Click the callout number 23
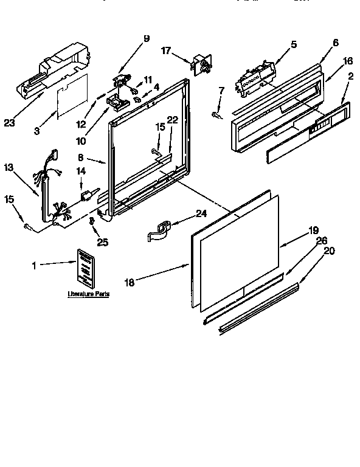click(x=9, y=122)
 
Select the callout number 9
click(x=147, y=39)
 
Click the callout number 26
click(x=322, y=240)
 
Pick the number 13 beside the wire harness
click(x=8, y=167)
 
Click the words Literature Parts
click(x=88, y=294)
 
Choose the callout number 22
click(x=172, y=120)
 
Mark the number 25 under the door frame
click(x=103, y=242)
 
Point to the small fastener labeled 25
click(x=92, y=223)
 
